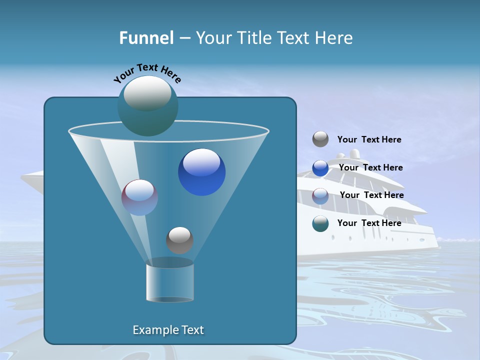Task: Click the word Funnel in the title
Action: (x=146, y=38)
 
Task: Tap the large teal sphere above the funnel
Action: (x=147, y=106)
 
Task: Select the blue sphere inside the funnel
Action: (x=201, y=172)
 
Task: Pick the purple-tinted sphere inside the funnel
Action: (x=139, y=197)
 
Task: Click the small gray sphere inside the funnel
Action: (x=179, y=240)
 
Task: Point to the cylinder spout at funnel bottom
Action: (x=169, y=283)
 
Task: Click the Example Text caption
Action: (x=168, y=330)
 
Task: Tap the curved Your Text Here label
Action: (x=147, y=73)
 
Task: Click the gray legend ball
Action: (x=320, y=139)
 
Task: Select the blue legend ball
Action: (x=320, y=167)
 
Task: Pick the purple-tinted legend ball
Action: (x=320, y=195)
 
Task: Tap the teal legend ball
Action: (x=320, y=223)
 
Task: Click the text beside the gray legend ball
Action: (x=369, y=140)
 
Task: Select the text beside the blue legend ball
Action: (x=370, y=167)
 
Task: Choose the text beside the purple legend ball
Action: (x=371, y=195)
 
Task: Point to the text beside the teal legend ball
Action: (x=369, y=223)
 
